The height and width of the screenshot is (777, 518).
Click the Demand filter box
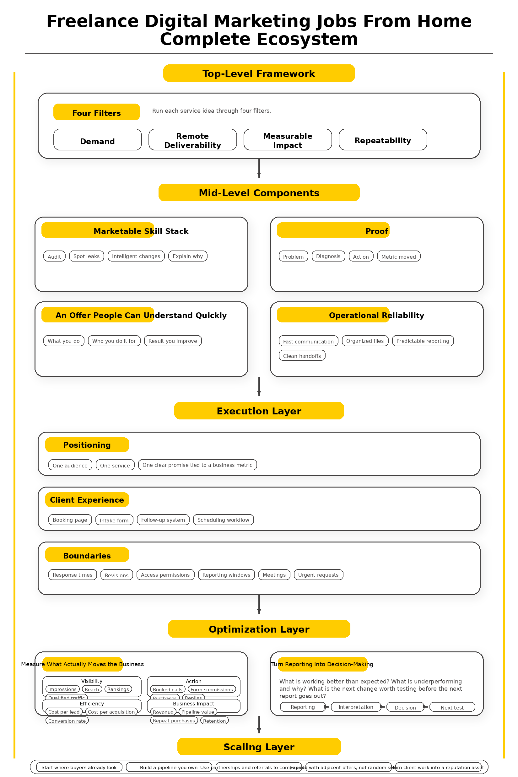pyautogui.click(x=97, y=139)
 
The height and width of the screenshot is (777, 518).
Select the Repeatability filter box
pyautogui.click(x=383, y=139)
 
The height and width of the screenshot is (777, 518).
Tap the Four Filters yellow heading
pyautogui.click(x=96, y=112)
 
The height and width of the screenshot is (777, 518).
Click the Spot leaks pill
pyautogui.click(x=87, y=256)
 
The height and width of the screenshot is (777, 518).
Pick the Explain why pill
pyautogui.click(x=188, y=256)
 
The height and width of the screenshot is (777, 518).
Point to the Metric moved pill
pyautogui.click(x=398, y=256)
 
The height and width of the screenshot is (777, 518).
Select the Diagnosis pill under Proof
pyautogui.click(x=328, y=256)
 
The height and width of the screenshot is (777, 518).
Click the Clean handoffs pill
pyautogui.click(x=302, y=355)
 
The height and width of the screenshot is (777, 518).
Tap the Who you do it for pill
pyautogui.click(x=114, y=341)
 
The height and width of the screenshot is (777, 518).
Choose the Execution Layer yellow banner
pyautogui.click(x=259, y=410)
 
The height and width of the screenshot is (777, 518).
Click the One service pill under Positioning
pyautogui.click(x=115, y=465)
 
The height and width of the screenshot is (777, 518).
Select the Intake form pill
pyautogui.click(x=114, y=520)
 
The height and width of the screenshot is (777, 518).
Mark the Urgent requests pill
pyautogui.click(x=318, y=575)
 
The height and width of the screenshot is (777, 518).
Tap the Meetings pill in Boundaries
pyautogui.click(x=274, y=575)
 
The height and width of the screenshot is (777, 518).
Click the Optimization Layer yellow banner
pyautogui.click(x=259, y=629)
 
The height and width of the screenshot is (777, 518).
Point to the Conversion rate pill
pyautogui.click(x=67, y=720)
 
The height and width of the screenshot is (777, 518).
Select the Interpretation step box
pyautogui.click(x=356, y=707)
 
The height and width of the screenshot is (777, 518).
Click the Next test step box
pyautogui.click(x=452, y=707)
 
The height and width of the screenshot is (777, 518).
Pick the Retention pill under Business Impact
pyautogui.click(x=214, y=720)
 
